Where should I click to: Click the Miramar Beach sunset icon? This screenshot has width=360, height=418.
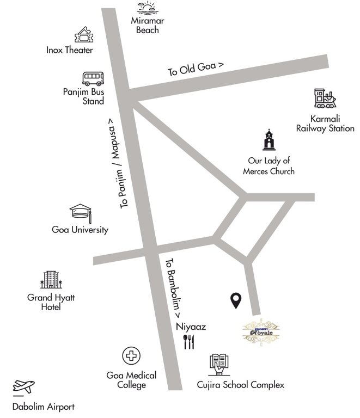[147, 8]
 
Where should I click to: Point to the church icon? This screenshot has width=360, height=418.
[269, 140]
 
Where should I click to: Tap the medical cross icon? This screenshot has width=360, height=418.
[131, 357]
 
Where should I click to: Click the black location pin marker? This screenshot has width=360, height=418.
[236, 300]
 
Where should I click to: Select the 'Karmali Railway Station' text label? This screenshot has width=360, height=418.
[325, 124]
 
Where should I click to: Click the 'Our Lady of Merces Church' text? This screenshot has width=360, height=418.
[269, 166]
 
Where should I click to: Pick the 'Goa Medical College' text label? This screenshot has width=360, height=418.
[131, 380]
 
